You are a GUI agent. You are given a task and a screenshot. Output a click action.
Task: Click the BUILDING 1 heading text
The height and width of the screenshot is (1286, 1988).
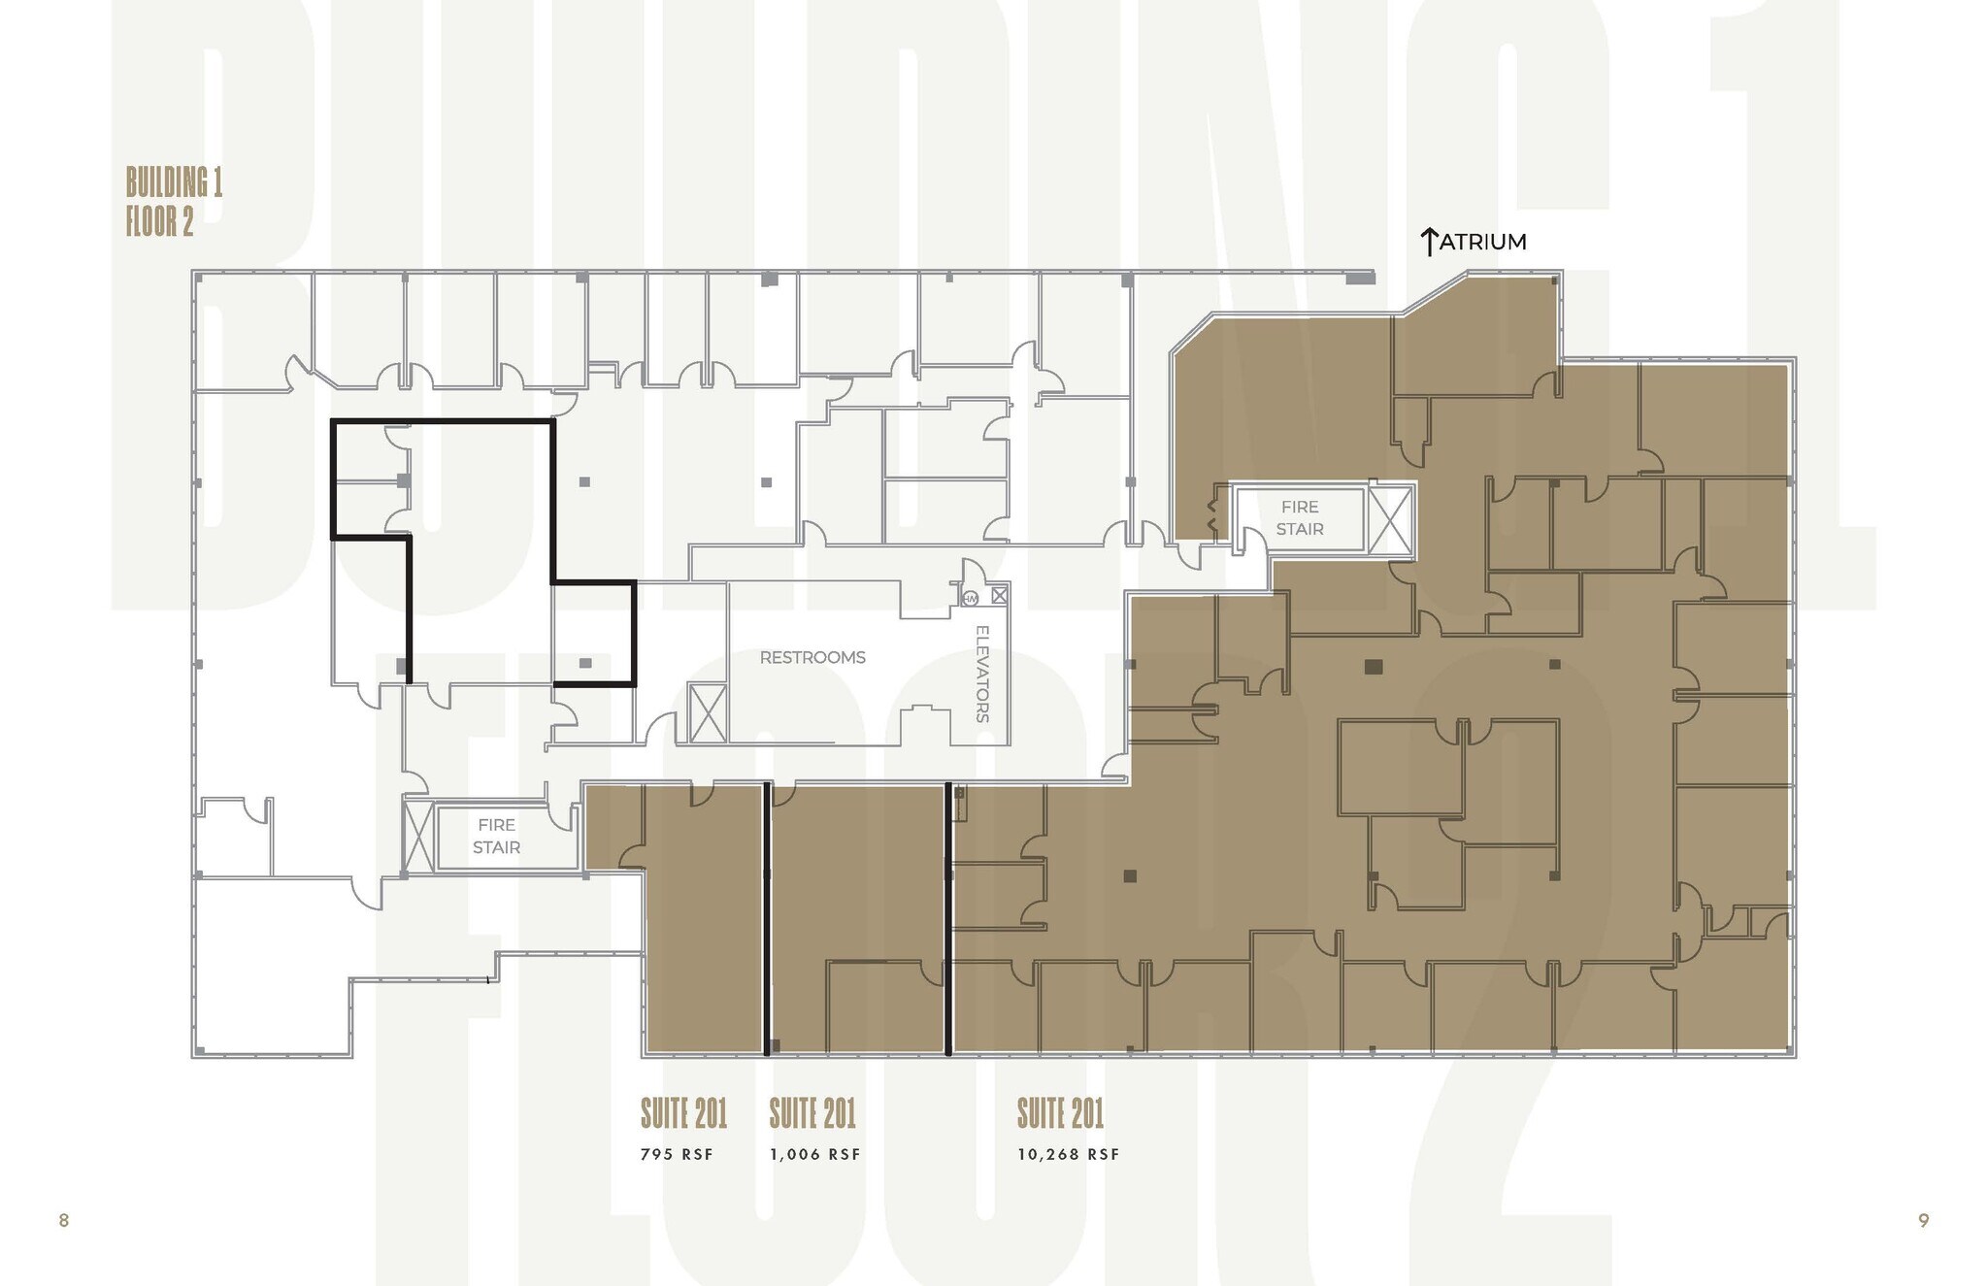174,182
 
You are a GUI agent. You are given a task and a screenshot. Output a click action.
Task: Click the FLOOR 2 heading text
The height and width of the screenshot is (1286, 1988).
159,221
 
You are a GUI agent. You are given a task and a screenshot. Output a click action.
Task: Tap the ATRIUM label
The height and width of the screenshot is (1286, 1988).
1482,242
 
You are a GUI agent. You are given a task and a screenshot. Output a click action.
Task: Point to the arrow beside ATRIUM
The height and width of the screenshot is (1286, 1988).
1428,242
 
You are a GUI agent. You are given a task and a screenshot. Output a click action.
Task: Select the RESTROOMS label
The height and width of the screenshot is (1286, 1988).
812,657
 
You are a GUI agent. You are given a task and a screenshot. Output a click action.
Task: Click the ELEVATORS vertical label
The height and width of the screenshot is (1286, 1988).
982,674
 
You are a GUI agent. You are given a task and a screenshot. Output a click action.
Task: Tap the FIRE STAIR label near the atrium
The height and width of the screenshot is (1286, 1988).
1300,518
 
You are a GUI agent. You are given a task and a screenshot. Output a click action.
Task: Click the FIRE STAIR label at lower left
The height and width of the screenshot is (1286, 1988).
496,836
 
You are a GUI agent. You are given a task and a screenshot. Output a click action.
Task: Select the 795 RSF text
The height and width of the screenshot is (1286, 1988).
677,1154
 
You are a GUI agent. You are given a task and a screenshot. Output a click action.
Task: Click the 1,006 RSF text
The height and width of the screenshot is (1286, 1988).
815,1154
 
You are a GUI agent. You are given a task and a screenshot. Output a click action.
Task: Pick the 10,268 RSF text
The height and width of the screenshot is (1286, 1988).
1069,1154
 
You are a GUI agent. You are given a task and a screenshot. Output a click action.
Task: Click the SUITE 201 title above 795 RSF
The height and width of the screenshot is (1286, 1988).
683,1113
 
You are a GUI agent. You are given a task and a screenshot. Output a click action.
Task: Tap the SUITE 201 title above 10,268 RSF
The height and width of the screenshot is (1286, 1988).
1060,1113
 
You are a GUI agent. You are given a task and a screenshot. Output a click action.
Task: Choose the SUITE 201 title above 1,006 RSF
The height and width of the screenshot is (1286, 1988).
812,1113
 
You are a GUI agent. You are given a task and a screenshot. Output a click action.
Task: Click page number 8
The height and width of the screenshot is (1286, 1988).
64,1220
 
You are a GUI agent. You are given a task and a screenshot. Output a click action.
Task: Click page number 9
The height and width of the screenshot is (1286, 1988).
1923,1220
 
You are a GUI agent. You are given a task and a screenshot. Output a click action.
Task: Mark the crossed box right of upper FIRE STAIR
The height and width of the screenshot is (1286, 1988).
1390,520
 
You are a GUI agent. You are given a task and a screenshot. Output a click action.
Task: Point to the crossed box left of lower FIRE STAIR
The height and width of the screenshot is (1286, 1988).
418,836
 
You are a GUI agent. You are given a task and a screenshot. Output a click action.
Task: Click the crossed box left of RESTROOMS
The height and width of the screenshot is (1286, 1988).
708,712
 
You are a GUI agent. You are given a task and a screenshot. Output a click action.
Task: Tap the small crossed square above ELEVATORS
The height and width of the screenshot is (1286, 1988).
999,595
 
